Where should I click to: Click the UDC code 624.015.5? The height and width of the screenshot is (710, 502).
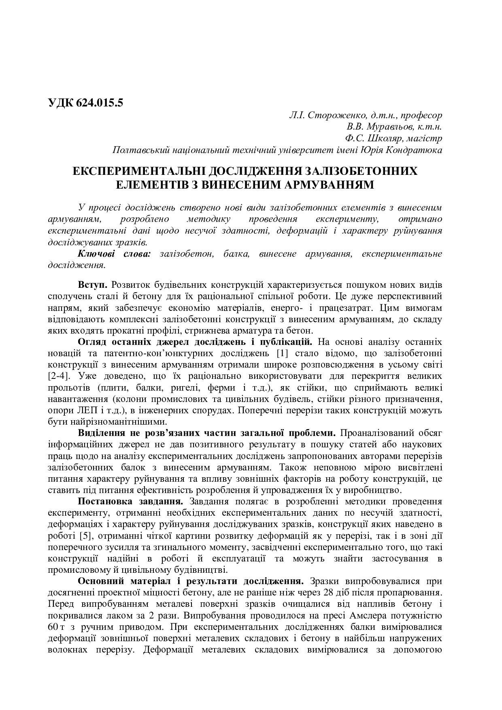99,103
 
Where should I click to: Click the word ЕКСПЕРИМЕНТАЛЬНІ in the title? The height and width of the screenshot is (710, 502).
140,171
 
